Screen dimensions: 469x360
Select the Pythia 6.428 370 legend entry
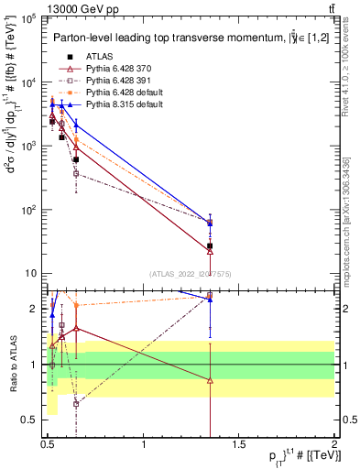pyautogui.click(x=116, y=69)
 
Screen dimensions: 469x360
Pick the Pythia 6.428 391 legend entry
pyautogui.click(x=116, y=81)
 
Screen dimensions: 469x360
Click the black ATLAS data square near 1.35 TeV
pyautogui.click(x=210, y=246)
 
